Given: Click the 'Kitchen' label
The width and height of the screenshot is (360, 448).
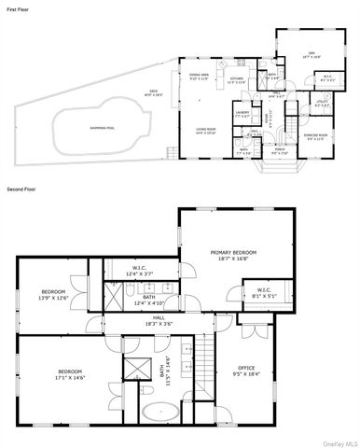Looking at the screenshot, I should [x=238, y=79].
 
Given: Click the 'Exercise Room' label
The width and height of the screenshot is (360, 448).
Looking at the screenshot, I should [x=316, y=137].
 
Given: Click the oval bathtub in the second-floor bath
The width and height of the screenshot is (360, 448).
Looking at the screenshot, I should [x=156, y=411].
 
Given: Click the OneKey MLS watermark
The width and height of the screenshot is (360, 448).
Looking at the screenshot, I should [x=339, y=442].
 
